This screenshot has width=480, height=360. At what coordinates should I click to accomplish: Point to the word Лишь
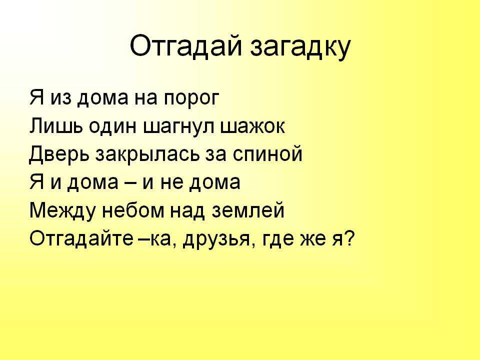tap(56, 126)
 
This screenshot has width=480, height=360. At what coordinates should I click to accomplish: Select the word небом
tap(133, 210)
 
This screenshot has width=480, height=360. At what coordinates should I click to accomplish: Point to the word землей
tap(248, 210)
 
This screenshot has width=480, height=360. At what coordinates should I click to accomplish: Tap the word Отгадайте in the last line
tap(81, 238)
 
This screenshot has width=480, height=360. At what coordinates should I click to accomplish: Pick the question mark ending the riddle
tap(349, 237)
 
